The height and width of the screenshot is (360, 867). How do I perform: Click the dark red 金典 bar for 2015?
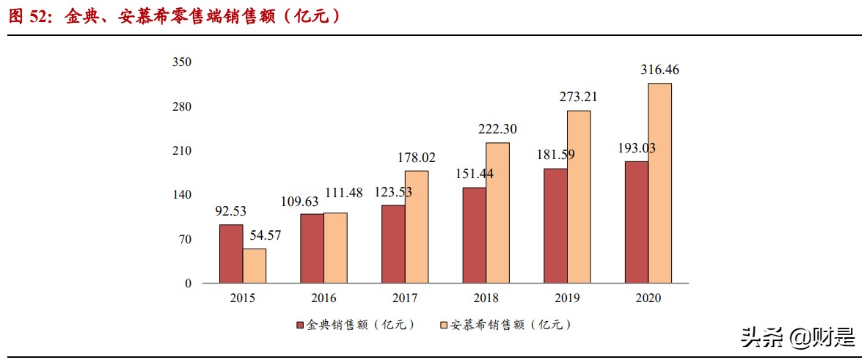coord(231,254)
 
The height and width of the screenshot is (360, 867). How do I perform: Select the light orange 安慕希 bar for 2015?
coord(255,265)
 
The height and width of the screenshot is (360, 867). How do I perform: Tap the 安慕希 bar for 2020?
coord(659,183)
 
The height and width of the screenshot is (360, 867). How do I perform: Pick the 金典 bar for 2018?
coord(474,235)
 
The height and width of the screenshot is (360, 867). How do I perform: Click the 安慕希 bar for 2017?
coord(417,227)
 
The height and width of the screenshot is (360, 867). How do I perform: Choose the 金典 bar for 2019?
coord(555,226)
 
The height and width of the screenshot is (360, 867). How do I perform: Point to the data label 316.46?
coord(659,70)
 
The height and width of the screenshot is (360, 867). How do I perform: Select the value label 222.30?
coord(497,129)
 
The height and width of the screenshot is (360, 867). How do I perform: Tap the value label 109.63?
coord(301,200)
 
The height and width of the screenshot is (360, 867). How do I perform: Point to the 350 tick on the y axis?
coord(181,62)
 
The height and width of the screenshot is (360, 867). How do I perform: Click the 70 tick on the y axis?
coord(186,239)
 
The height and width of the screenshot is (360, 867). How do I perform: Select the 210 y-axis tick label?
coord(181,151)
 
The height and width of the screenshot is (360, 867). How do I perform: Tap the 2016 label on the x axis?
coord(323,298)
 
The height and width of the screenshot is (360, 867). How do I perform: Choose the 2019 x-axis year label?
coord(567,298)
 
